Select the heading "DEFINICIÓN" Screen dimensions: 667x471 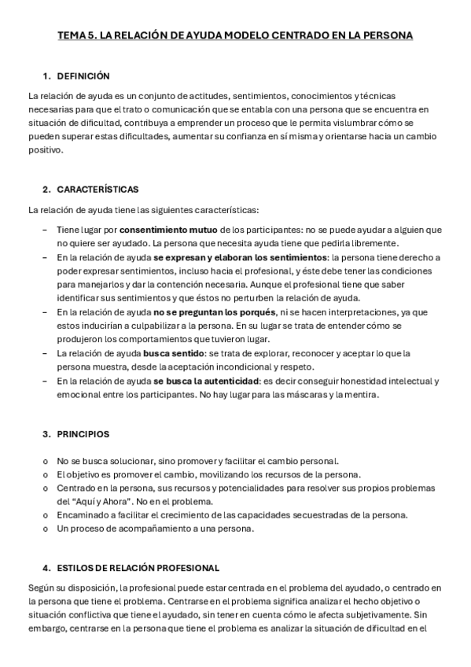(83, 76)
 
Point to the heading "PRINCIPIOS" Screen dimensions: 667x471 (83, 433)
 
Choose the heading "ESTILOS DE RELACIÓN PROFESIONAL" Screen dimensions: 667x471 (138, 567)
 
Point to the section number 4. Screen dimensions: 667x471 (46, 567)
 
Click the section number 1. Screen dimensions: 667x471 (46, 76)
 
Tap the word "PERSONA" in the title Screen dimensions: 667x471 (384, 35)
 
